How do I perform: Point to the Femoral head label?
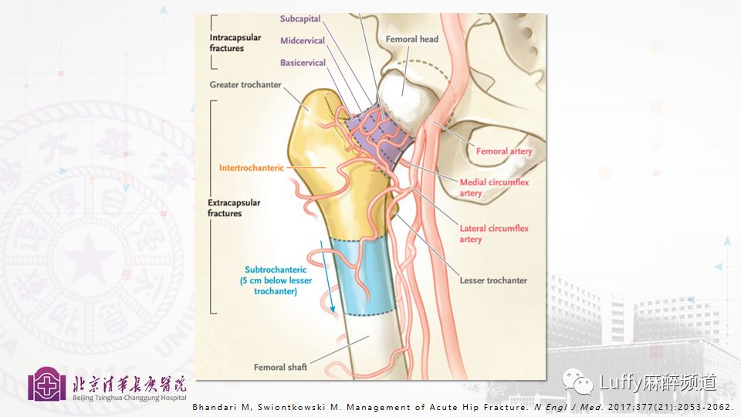(413, 39)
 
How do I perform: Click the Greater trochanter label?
(245, 85)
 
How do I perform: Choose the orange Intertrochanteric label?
(252, 167)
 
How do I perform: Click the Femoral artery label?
(504, 151)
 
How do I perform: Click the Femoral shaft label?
(280, 368)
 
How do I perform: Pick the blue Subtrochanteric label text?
(276, 280)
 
